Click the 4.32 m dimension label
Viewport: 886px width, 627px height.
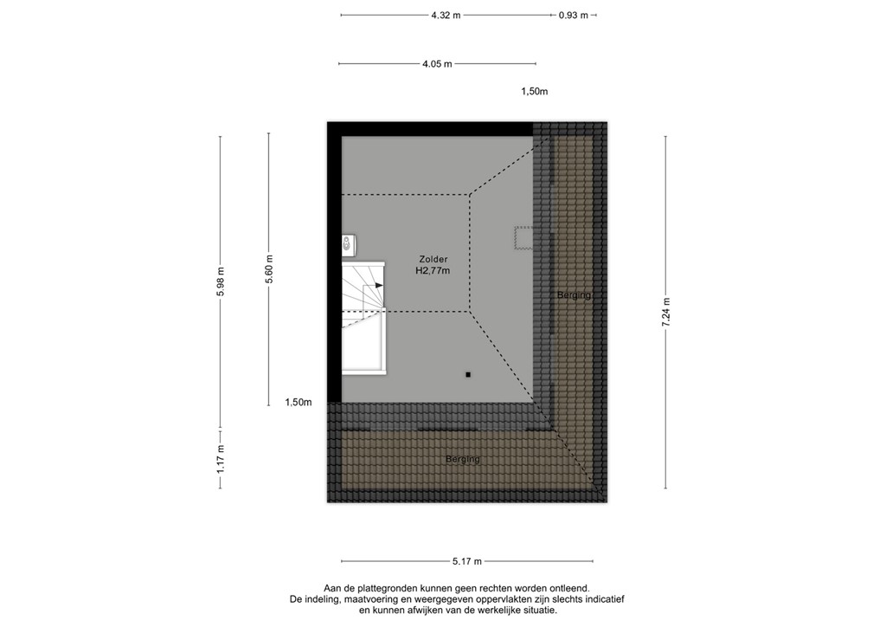point(446,15)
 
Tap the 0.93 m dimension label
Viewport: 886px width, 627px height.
point(573,15)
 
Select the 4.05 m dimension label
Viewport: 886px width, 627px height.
point(437,63)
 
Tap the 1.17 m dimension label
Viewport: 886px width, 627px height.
point(221,458)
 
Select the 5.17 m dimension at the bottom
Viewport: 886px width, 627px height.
point(466,561)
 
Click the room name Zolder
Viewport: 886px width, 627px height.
point(433,259)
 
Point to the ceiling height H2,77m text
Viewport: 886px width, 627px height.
point(433,271)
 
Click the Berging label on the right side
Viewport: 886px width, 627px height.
point(574,295)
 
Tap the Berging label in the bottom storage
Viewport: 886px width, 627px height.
point(462,459)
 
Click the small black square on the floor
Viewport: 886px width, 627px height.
point(468,374)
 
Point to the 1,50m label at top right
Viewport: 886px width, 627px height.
point(535,92)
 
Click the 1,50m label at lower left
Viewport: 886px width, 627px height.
point(299,402)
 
